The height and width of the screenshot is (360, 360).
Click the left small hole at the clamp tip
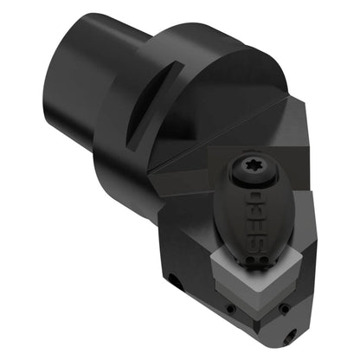click(252, 261)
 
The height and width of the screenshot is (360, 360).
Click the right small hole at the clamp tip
click(263, 260)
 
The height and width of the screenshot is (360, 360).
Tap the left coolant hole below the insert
click(230, 309)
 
